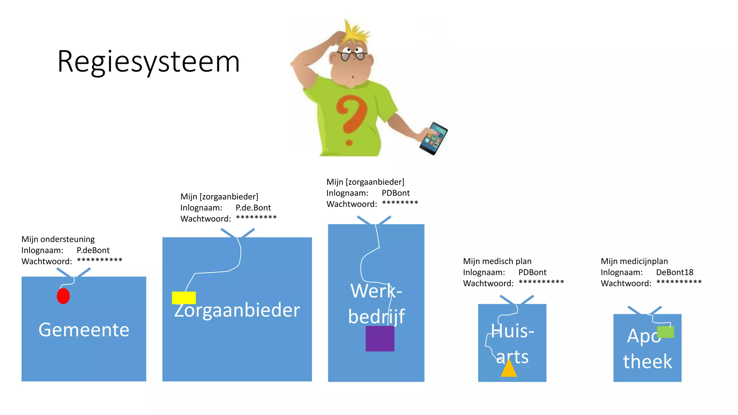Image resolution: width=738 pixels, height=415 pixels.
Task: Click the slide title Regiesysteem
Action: (x=148, y=62)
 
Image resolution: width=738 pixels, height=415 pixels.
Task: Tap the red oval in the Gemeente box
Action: (x=63, y=296)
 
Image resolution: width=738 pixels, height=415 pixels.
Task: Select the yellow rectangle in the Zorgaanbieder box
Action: (x=184, y=298)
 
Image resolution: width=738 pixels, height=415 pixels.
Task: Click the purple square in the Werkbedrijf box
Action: (x=380, y=339)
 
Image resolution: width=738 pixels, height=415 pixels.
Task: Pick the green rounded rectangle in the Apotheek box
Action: (x=665, y=332)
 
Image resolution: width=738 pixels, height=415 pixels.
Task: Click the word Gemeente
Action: (x=84, y=330)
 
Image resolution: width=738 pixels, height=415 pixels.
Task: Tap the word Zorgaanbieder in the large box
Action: (x=237, y=311)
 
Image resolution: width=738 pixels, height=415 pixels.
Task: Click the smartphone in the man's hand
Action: (x=434, y=138)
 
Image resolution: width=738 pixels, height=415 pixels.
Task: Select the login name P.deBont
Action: (x=93, y=250)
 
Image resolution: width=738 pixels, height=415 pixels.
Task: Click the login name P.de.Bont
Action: (x=253, y=208)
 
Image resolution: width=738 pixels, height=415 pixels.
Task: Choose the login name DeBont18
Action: (x=675, y=272)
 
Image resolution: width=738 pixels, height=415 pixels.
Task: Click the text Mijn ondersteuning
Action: (x=58, y=239)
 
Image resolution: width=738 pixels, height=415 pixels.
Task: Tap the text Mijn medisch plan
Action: (x=497, y=261)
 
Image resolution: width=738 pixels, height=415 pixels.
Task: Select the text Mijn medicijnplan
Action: (x=634, y=261)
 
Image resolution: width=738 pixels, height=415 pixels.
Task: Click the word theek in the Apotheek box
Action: (x=648, y=362)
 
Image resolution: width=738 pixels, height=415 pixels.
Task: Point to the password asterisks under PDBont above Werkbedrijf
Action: (x=400, y=203)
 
